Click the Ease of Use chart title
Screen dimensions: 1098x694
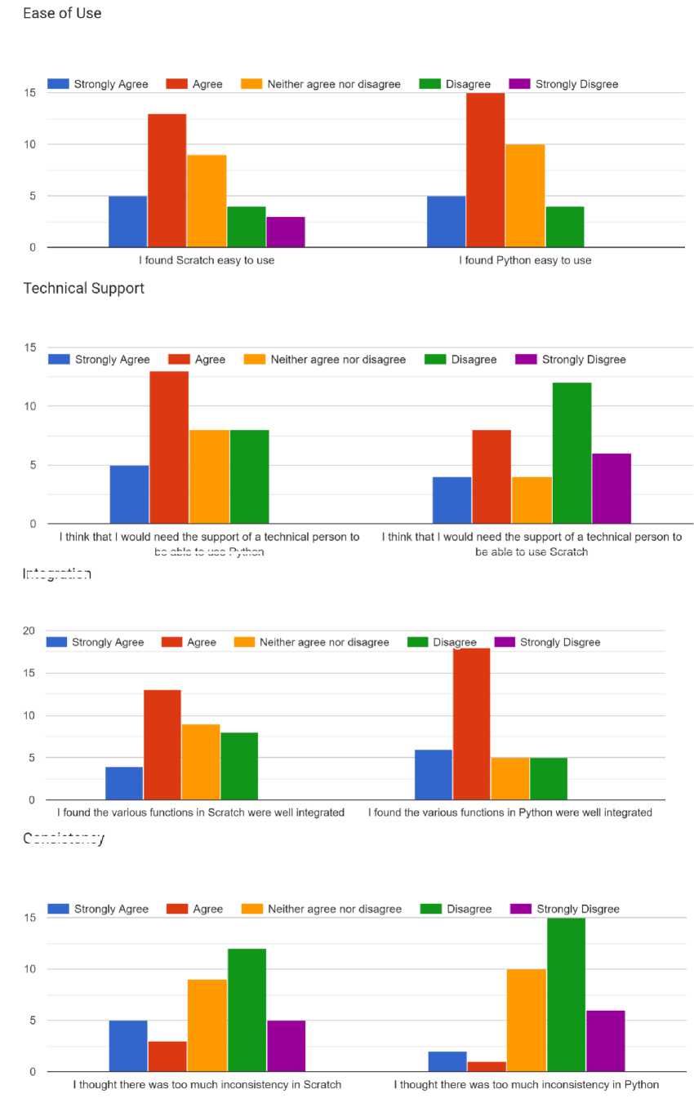coord(62,13)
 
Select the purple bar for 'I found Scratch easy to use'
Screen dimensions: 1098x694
coord(285,232)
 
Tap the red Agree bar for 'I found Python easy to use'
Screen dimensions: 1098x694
coord(485,170)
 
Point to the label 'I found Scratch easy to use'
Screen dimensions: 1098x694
coord(207,260)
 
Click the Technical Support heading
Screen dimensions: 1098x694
coord(83,288)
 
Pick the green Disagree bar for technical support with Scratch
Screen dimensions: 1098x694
coord(572,453)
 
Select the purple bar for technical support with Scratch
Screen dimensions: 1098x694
coord(612,488)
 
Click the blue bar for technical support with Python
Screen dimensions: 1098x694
coord(129,494)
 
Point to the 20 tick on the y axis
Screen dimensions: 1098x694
coord(29,631)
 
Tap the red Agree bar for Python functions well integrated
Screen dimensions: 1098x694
coord(471,724)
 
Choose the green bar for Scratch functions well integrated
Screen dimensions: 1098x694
coord(239,766)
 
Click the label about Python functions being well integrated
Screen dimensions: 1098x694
coord(510,812)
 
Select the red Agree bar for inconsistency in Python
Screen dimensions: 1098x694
coord(487,1066)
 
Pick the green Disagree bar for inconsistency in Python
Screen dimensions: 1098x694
coord(566,994)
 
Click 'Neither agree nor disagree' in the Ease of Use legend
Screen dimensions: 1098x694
coord(334,84)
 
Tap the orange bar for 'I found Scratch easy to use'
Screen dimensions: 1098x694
coord(207,201)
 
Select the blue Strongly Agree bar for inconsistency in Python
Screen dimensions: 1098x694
coord(447,1061)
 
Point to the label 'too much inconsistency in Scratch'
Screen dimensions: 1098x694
coord(207,1084)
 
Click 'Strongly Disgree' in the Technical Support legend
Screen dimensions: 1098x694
coord(583,359)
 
